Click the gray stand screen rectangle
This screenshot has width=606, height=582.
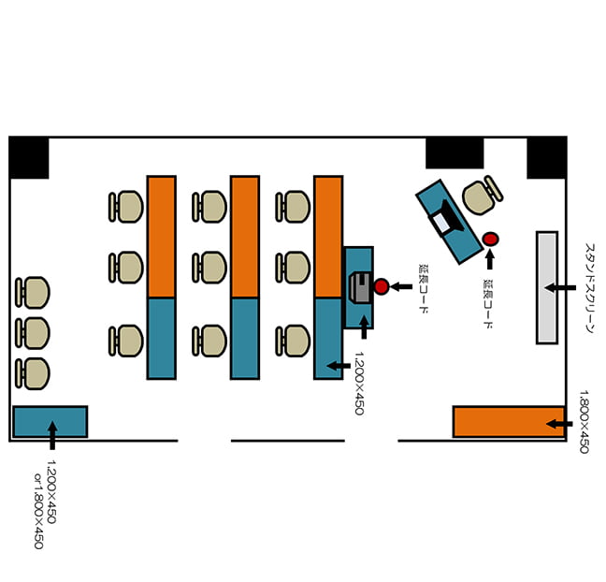coord(547,287)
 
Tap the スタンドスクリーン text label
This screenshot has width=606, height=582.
coord(590,288)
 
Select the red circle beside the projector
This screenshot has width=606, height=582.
coord(381,286)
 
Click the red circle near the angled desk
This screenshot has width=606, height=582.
coord(490,239)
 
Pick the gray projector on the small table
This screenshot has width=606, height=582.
coord(360,287)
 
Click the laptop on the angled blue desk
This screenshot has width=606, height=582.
coord(448,219)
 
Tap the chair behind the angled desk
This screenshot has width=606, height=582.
coord(483,196)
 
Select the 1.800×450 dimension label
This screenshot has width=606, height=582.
coord(584,421)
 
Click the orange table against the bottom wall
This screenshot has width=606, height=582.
coord(509,422)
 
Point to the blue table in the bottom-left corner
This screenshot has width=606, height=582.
coord(50,422)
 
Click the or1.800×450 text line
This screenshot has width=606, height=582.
coord(38,511)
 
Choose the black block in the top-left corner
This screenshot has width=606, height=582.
coord(29,158)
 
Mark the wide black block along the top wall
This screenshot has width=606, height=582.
coord(454,153)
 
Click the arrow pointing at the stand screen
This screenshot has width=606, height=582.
coord(560,287)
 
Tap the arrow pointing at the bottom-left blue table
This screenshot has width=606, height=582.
coord(52,435)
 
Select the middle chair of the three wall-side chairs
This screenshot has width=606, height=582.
coord(33,333)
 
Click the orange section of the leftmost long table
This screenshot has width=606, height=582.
coord(162,237)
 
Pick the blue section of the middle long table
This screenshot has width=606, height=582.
coord(245,339)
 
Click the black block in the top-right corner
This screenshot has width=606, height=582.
coord(547,158)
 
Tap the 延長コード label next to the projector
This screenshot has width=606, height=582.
coord(424,289)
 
